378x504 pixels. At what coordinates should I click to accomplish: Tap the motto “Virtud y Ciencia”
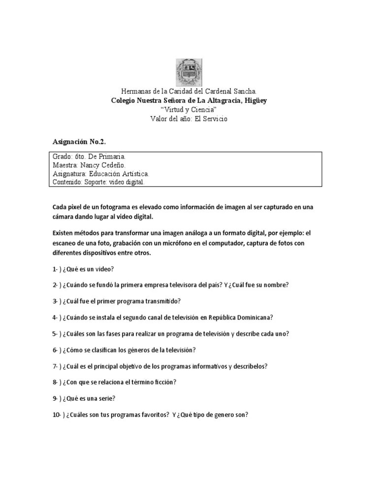189,109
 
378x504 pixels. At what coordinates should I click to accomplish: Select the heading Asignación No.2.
79,142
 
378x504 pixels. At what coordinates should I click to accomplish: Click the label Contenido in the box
67,182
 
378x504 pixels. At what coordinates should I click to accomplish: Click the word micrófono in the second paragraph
197,243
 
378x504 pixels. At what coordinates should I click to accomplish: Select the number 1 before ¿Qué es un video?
55,269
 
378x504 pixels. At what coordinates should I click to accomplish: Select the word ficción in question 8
164,382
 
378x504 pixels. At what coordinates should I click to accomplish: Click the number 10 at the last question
56,414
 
